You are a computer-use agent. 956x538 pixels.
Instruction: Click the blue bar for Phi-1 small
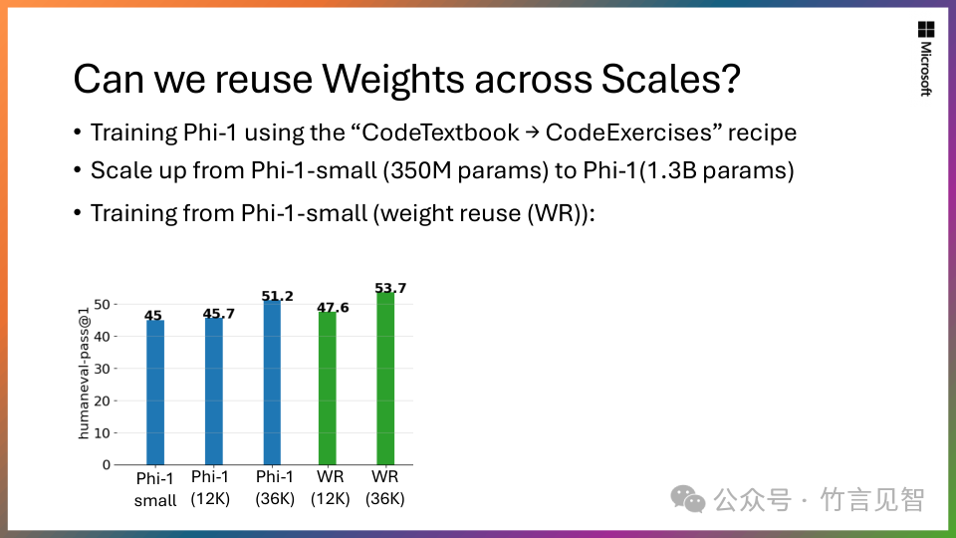[x=155, y=393]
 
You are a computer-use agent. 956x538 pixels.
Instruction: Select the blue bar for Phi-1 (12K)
[x=213, y=391]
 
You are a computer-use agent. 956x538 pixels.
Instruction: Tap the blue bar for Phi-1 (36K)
[x=271, y=383]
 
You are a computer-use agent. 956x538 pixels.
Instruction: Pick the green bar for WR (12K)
[x=328, y=389]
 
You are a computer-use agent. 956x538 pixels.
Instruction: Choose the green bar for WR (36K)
[x=384, y=379]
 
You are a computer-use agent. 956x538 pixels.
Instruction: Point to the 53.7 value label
[x=390, y=288]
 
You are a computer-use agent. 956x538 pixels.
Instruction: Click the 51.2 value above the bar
[x=277, y=296]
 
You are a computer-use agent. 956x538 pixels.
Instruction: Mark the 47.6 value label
[x=333, y=308]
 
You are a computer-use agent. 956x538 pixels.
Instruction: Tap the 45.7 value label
[x=218, y=314]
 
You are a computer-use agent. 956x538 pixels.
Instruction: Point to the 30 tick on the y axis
[x=102, y=369]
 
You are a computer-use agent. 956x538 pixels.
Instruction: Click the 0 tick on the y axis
[x=106, y=465]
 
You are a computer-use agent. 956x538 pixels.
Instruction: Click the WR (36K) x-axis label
[x=384, y=487]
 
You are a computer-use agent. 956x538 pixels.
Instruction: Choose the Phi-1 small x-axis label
[x=155, y=488]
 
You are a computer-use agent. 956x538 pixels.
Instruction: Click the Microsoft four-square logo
[x=925, y=30]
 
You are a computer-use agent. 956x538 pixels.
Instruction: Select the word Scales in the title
[x=658, y=80]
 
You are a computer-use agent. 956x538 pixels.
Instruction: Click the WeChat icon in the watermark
[x=686, y=498]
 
